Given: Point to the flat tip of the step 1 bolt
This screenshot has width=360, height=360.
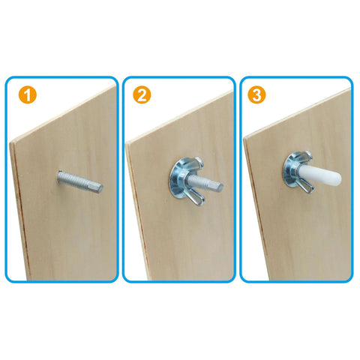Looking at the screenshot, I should (x=100, y=187).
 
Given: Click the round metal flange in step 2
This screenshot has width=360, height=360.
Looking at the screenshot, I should (x=177, y=180).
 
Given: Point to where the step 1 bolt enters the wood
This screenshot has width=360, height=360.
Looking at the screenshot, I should (x=59, y=176).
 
